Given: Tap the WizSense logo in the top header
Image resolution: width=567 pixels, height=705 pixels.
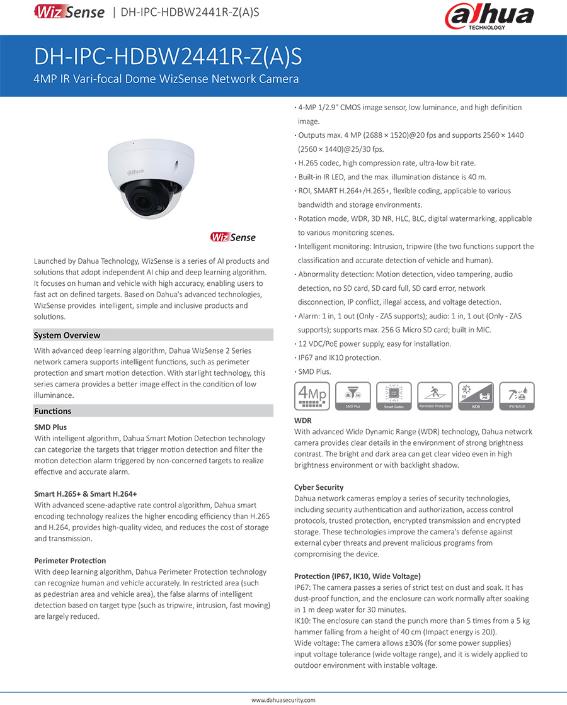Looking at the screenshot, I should pyautogui.click(x=69, y=12).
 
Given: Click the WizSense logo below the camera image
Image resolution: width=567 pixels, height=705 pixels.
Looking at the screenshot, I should pyautogui.click(x=233, y=237).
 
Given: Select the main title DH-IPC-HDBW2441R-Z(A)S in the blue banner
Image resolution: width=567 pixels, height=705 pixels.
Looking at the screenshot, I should pyautogui.click(x=168, y=57).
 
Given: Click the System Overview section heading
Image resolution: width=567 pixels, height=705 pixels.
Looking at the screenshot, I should pyautogui.click(x=67, y=336).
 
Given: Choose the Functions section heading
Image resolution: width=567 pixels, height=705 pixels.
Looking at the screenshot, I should pyautogui.click(x=52, y=411).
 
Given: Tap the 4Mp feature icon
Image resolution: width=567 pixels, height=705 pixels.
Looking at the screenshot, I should pyautogui.click(x=312, y=396).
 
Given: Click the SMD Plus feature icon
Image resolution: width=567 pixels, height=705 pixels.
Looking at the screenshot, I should pyautogui.click(x=353, y=396).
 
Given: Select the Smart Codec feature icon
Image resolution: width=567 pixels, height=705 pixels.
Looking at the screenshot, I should pyautogui.click(x=394, y=396).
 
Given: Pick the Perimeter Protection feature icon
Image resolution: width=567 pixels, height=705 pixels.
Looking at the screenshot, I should pyautogui.click(x=435, y=396).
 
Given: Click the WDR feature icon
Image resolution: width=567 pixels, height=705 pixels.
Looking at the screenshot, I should pyautogui.click(x=476, y=396).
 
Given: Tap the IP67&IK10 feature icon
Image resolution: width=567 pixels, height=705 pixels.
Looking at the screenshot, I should pyautogui.click(x=517, y=396).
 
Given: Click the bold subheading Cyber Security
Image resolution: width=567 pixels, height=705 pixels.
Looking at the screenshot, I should pyautogui.click(x=319, y=487).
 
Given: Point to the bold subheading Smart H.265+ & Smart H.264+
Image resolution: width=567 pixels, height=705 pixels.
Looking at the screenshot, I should pyautogui.click(x=86, y=494).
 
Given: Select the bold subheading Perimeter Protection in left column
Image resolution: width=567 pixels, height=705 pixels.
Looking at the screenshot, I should pyautogui.click(x=70, y=561).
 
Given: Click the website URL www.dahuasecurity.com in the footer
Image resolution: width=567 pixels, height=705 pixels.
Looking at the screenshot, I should pyautogui.click(x=283, y=700).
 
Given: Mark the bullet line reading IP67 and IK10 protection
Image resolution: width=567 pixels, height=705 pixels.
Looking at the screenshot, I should pyautogui.click(x=340, y=358).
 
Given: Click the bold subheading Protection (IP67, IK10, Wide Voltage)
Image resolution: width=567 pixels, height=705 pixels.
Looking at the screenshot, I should pyautogui.click(x=357, y=576).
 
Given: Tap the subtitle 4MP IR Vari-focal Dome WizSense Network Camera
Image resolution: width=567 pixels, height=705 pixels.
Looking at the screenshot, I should pyautogui.click(x=166, y=79).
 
